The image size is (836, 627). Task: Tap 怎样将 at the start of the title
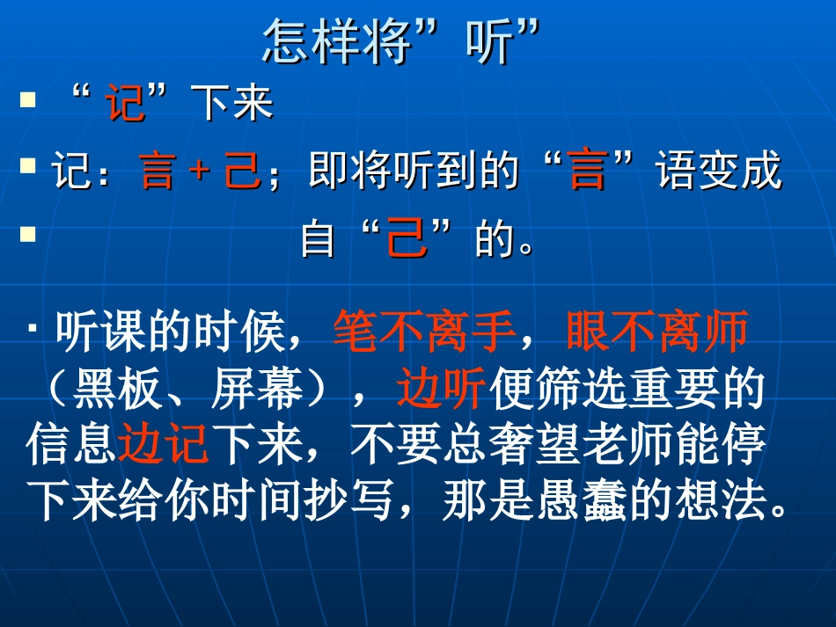coord(337,42)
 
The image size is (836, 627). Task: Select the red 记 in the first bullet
coord(126,105)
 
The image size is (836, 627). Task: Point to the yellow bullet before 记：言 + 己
coord(28,164)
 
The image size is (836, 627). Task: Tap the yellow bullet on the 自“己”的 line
coord(28,234)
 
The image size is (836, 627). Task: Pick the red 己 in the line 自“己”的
coord(408,238)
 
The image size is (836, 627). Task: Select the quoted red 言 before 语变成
coord(588,171)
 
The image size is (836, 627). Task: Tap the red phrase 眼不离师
coord(656,333)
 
